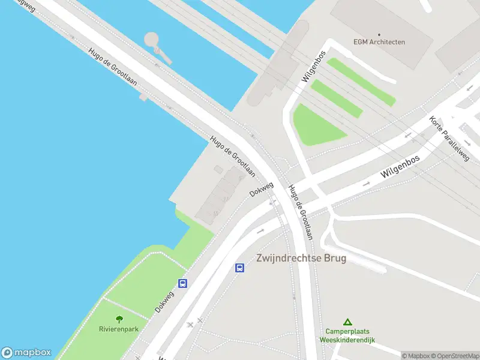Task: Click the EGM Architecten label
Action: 379,42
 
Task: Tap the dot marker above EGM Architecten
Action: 379,34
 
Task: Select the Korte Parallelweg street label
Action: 449,139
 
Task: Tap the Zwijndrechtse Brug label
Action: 301,259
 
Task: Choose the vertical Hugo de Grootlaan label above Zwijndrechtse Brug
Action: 301,212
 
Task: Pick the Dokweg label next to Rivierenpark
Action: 164,298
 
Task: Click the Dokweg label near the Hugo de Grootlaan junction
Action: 262,189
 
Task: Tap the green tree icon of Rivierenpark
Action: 119,320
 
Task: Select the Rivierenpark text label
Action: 119,329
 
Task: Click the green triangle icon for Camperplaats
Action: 347,322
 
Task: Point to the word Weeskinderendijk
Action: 347,340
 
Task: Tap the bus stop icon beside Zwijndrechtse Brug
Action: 239,268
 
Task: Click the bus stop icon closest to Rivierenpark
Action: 182,283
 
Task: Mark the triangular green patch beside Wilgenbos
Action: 315,126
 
